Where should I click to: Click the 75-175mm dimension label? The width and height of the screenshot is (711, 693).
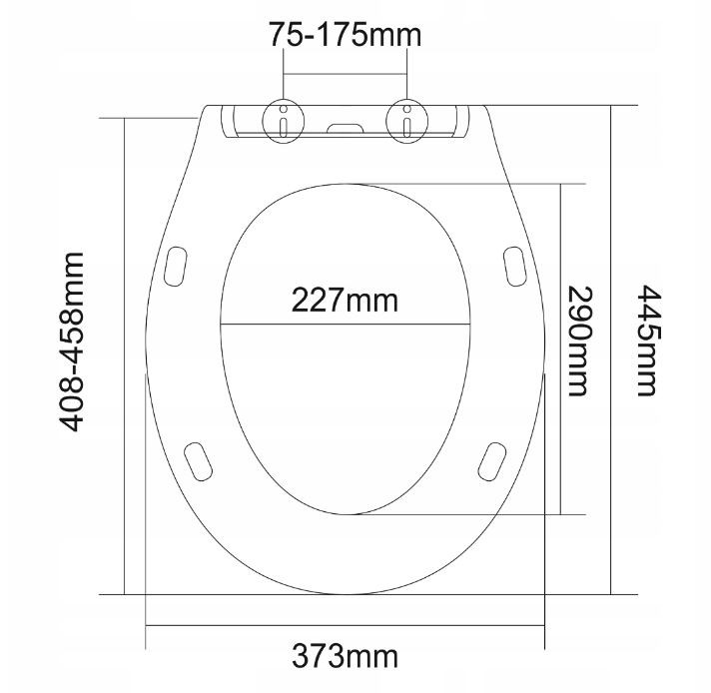click(346, 35)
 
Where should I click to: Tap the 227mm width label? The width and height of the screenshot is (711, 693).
click(344, 299)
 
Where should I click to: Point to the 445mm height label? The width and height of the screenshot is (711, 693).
click(648, 340)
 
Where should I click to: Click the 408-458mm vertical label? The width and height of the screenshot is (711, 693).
click(71, 340)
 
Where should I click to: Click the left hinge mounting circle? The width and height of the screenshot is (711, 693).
click(285, 121)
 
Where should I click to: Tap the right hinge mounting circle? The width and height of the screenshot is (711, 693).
click(407, 121)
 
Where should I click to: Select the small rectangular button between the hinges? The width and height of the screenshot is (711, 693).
click(347, 129)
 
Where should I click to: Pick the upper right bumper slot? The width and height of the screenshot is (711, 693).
click(514, 265)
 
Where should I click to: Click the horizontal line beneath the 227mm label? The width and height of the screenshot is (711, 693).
click(345, 325)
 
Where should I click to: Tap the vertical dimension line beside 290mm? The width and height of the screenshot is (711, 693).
click(559, 399)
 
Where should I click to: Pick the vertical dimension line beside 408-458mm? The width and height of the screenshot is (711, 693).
click(124, 449)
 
